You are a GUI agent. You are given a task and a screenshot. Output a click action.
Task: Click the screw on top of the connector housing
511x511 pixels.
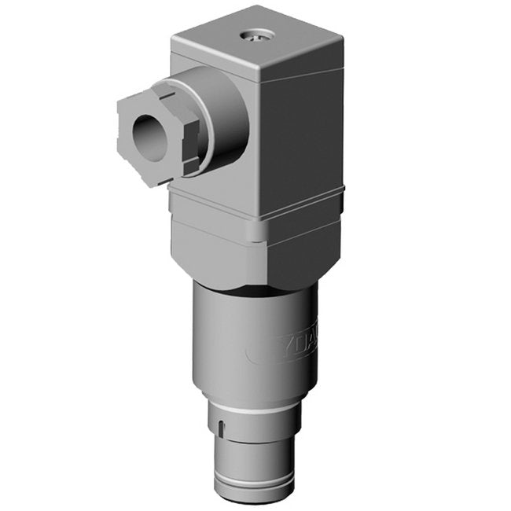(x=256, y=34)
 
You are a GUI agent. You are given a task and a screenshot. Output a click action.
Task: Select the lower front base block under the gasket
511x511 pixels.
(x=212, y=252)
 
